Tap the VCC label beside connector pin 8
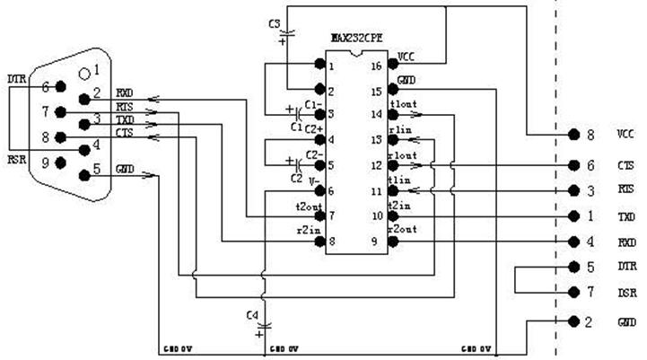[625, 135]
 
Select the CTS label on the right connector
[625, 165]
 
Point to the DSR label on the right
[625, 292]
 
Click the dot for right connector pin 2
[573, 320]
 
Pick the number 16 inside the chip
[377, 66]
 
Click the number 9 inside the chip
[377, 241]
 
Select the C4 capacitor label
[251, 313]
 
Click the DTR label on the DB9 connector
[17, 80]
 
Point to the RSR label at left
[17, 159]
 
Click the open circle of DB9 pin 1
[84, 71]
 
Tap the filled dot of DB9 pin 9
[61, 162]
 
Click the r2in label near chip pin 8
[308, 230]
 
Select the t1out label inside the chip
[402, 104]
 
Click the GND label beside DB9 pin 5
[125, 169]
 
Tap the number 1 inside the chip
[331, 66]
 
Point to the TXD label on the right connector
[625, 217]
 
